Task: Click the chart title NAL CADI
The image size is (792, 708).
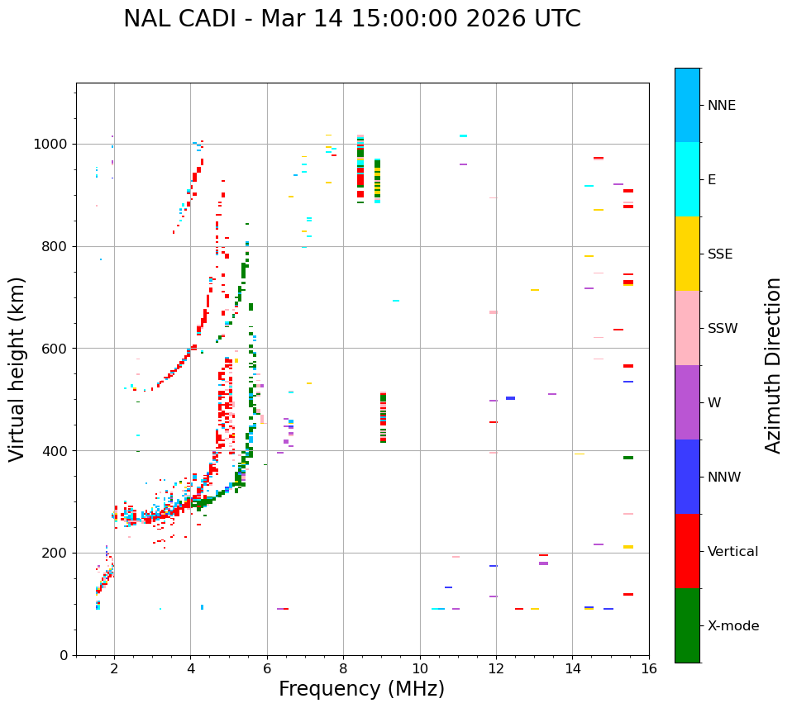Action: point(351,19)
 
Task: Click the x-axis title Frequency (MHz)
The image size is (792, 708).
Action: point(361,689)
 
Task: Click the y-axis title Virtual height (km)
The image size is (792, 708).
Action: point(17,368)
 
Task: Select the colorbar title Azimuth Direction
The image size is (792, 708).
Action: point(773,365)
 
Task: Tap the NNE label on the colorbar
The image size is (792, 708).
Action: point(721,106)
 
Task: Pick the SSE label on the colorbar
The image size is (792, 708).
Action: point(719,254)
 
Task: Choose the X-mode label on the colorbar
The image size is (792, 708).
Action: point(732,626)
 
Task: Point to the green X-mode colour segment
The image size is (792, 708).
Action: point(687,625)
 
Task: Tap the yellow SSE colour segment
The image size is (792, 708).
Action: point(687,254)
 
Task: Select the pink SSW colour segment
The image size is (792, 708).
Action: point(687,328)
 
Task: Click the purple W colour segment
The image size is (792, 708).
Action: point(687,402)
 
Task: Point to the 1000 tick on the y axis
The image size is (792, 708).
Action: point(54,145)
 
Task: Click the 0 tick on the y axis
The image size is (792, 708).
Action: point(64,655)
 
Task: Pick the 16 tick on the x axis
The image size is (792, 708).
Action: point(649,668)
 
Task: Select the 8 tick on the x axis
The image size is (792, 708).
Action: point(343,668)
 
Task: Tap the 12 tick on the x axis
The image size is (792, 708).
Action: point(496,668)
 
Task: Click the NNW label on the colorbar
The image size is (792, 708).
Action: point(723,478)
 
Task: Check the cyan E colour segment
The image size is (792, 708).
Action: point(687,179)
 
